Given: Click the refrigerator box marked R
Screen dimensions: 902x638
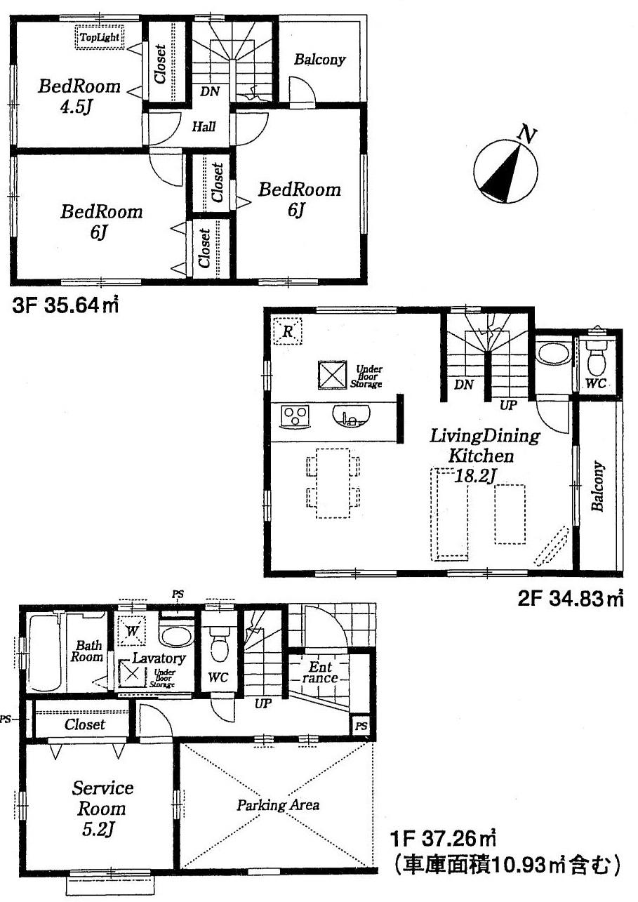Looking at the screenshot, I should click(x=287, y=331).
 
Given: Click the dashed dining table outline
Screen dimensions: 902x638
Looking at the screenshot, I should click(x=333, y=482).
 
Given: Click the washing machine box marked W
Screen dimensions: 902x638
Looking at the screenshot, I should click(x=131, y=629).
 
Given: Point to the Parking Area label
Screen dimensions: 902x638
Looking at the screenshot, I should click(x=278, y=804).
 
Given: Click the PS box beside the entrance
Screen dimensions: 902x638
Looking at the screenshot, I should click(x=360, y=725).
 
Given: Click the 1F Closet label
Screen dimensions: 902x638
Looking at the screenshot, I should click(x=84, y=724).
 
